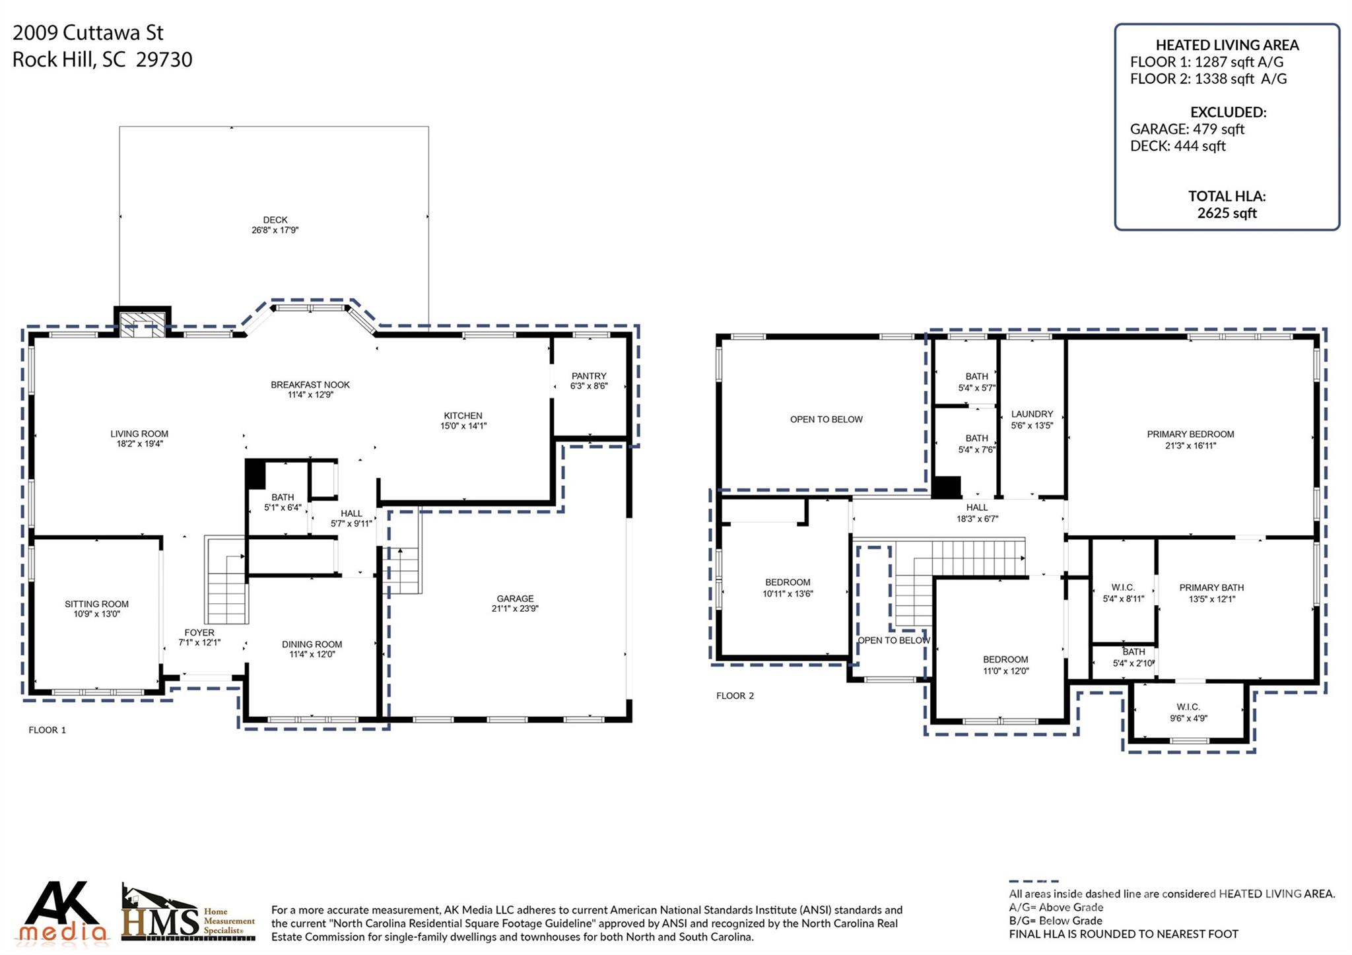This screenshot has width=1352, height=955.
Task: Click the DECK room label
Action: [x=275, y=220]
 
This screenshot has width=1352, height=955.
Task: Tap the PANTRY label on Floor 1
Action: [x=589, y=376]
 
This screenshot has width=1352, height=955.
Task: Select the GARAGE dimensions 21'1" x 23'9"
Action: [x=515, y=609]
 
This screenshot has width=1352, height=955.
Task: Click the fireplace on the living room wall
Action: [x=143, y=323]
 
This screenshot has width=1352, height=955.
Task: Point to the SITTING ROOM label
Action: [x=96, y=604]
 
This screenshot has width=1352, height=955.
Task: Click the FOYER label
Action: [x=199, y=632]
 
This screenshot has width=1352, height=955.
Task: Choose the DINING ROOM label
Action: [x=312, y=644]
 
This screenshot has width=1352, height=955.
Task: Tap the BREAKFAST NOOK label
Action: [x=310, y=385]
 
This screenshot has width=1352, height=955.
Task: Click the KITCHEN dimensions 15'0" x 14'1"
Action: [x=463, y=426]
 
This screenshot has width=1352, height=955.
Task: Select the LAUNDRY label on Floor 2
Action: [x=1032, y=414]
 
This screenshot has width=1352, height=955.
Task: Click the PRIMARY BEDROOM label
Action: [x=1190, y=434]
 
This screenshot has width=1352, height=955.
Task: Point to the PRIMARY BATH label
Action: [x=1211, y=587]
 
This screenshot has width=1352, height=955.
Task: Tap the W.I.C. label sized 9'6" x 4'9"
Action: [x=1188, y=707]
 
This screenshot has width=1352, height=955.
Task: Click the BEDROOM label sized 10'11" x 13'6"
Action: [x=788, y=582]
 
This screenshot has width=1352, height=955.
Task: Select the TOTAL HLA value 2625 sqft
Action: [x=1227, y=213]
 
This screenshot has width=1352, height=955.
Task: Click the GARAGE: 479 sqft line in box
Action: [x=1187, y=129]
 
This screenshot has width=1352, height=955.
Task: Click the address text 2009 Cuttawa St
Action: [x=88, y=32]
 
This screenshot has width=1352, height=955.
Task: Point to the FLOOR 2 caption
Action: [x=735, y=696]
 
